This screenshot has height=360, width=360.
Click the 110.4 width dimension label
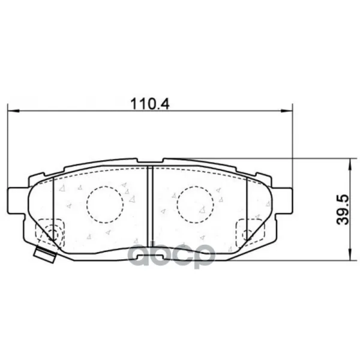pyautogui.click(x=150, y=104)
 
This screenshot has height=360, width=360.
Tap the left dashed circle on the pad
pyautogui.click(x=105, y=205)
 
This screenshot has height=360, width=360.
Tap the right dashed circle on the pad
pyautogui.click(x=196, y=205)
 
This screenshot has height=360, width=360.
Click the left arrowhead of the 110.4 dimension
pyautogui.click(x=13, y=111)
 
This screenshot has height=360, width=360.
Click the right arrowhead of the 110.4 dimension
pyautogui.click(x=287, y=111)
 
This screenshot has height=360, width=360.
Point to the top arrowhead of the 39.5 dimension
pyautogui.click(x=350, y=164)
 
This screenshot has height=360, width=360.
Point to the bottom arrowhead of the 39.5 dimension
pyautogui.click(x=350, y=255)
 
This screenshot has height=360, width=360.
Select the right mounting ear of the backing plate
pyautogui.click(x=282, y=200)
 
